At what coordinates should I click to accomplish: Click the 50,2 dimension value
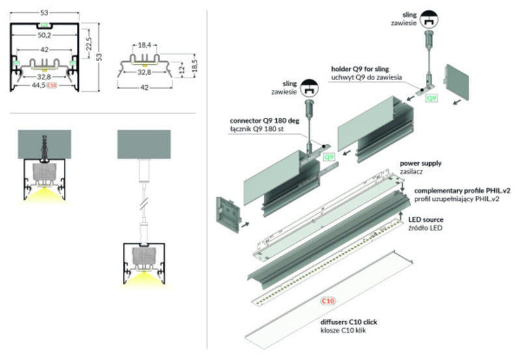coord(44,36)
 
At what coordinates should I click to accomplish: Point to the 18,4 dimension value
coord(145,45)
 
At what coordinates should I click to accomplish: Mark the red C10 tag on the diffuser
coord(328,301)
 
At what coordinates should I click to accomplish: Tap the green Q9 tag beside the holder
coord(431,99)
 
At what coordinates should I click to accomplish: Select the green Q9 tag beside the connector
coord(330,156)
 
